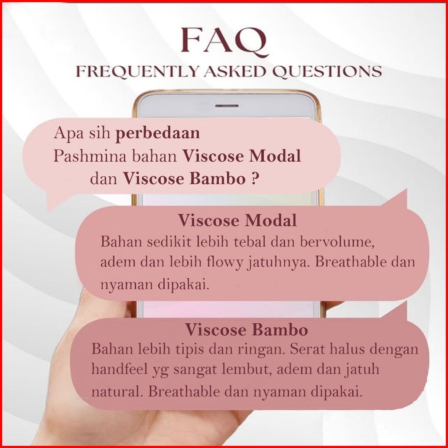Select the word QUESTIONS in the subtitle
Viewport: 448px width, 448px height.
tap(327, 71)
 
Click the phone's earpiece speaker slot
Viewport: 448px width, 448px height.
tap(227, 106)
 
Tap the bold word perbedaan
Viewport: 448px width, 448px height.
tap(157, 133)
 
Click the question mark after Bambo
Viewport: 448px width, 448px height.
tap(256, 179)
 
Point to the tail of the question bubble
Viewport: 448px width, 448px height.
tap(54, 201)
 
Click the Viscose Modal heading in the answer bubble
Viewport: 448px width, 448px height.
tap(237, 220)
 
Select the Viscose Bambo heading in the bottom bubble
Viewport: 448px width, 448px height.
tap(246, 329)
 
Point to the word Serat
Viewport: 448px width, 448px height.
tap(308, 349)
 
